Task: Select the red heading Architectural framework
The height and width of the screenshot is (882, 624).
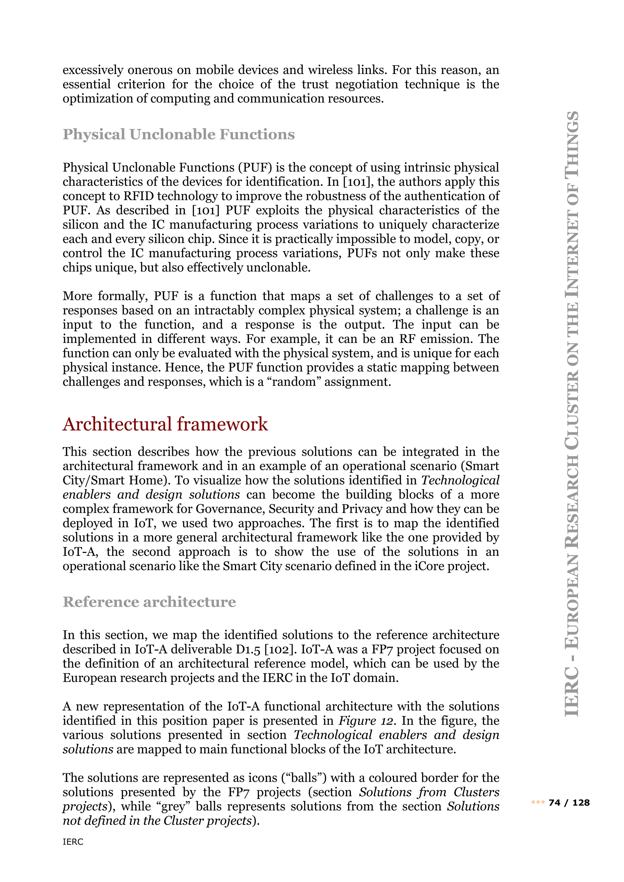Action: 165,424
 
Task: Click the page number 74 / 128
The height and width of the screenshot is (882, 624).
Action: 569,803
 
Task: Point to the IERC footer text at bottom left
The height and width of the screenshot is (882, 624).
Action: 73,842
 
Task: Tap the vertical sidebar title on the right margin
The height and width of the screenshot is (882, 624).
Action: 571,414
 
